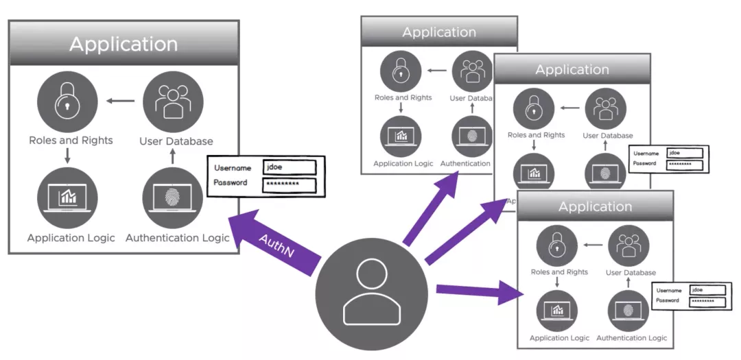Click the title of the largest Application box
tap(123, 45)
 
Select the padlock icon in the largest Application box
tap(67, 101)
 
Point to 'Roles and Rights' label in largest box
tap(71, 141)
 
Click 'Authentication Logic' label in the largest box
tap(177, 238)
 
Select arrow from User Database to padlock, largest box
tap(121, 101)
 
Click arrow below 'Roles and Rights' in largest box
tap(67, 156)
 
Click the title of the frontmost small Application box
tap(595, 206)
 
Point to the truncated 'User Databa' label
tap(470, 98)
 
